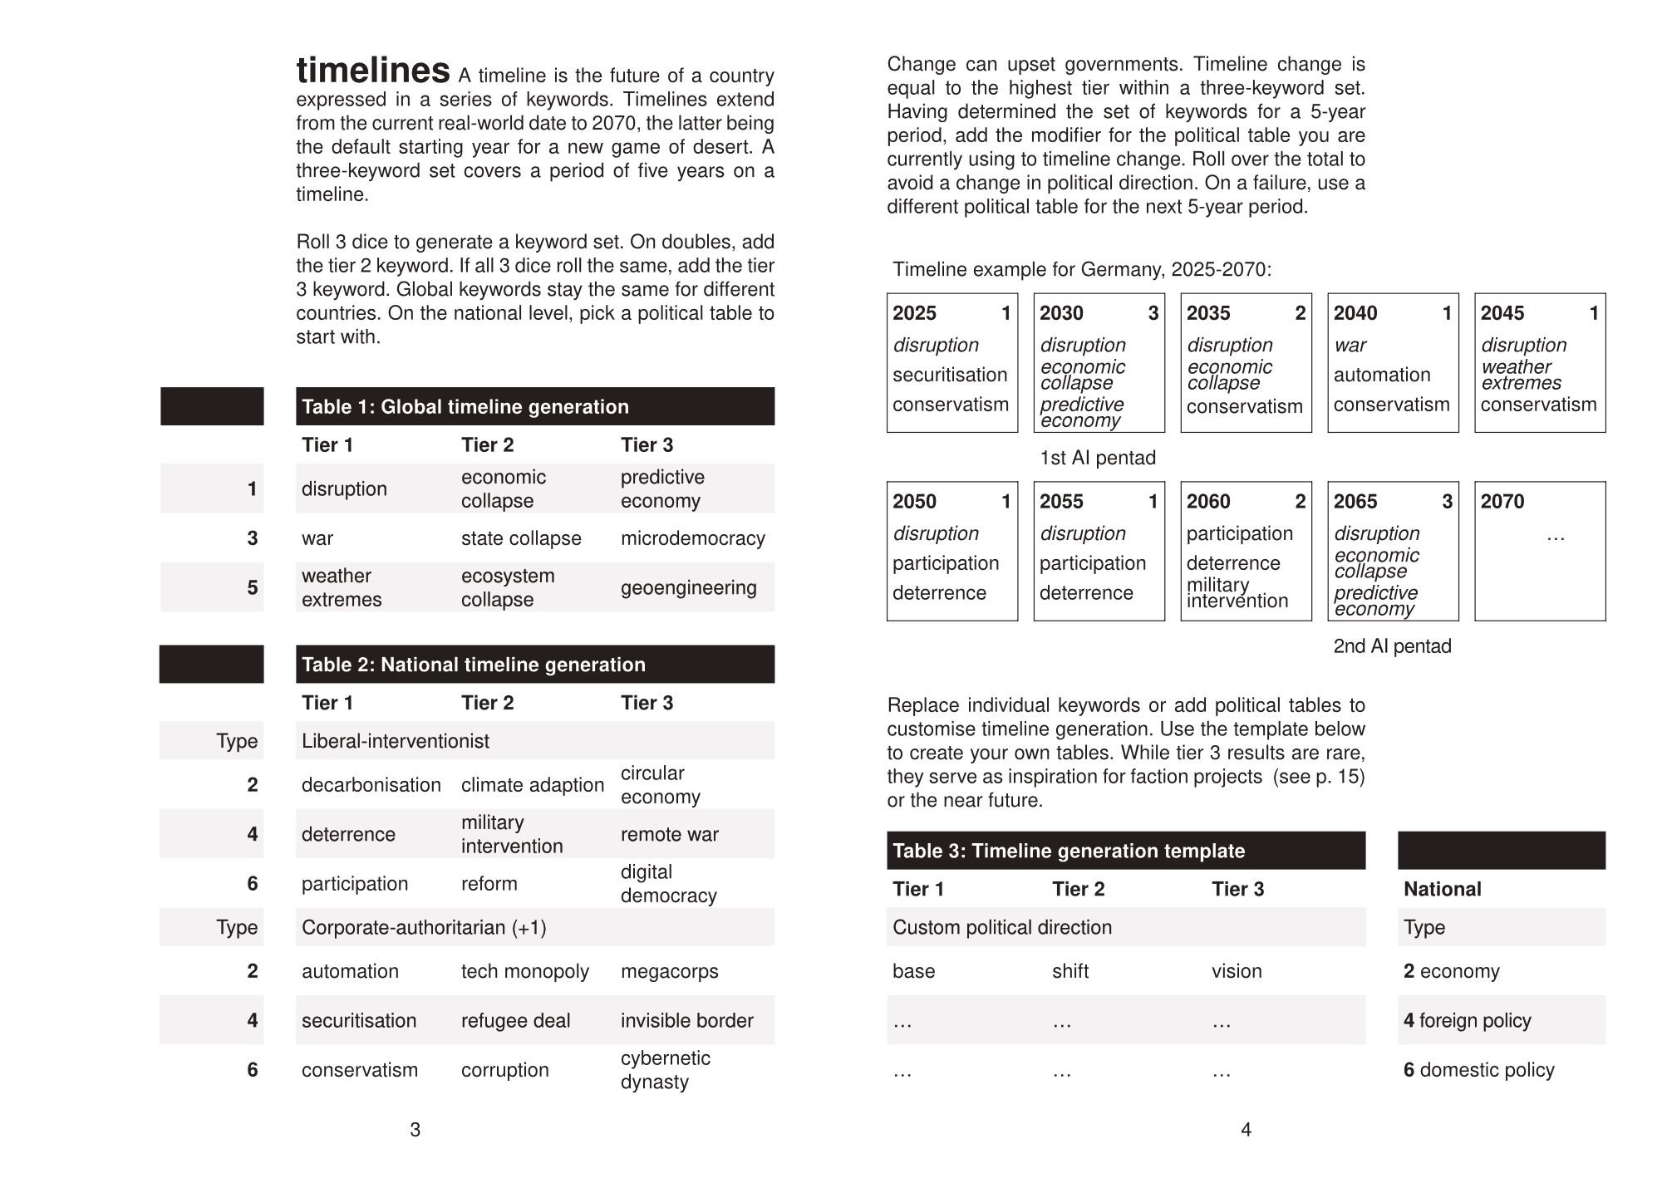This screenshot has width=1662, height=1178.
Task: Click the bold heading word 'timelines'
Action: pos(373,71)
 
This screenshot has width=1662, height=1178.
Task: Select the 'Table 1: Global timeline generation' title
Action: pos(465,406)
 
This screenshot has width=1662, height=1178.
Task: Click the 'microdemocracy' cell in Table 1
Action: pos(692,538)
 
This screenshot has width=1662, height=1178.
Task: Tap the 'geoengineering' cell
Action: pos(688,587)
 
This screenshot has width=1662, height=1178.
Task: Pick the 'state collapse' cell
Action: pos(521,538)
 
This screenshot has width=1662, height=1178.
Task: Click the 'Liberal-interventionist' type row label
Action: pos(395,741)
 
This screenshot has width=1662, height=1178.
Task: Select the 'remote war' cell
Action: pos(669,834)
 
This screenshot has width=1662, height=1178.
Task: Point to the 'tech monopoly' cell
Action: pos(524,971)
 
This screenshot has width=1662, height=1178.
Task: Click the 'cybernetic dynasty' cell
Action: pos(665,1070)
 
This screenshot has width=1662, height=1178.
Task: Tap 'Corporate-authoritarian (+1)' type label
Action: pos(424,927)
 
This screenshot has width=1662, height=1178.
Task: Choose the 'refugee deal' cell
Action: pos(515,1020)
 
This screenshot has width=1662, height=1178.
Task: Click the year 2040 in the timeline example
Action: pos(1355,313)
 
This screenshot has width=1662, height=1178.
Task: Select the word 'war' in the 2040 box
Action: pos(1350,345)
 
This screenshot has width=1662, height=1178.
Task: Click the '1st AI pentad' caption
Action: pos(1097,458)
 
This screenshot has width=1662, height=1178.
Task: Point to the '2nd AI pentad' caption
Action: pos(1392,646)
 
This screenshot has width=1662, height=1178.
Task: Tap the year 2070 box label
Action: pos(1502,502)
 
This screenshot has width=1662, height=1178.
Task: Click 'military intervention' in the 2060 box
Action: pos(1237,593)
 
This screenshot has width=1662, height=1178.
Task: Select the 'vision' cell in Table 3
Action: pos(1236,971)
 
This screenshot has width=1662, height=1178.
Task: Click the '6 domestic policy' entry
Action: pos(1478,1070)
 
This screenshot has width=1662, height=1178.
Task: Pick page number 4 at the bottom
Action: pos(1245,1129)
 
